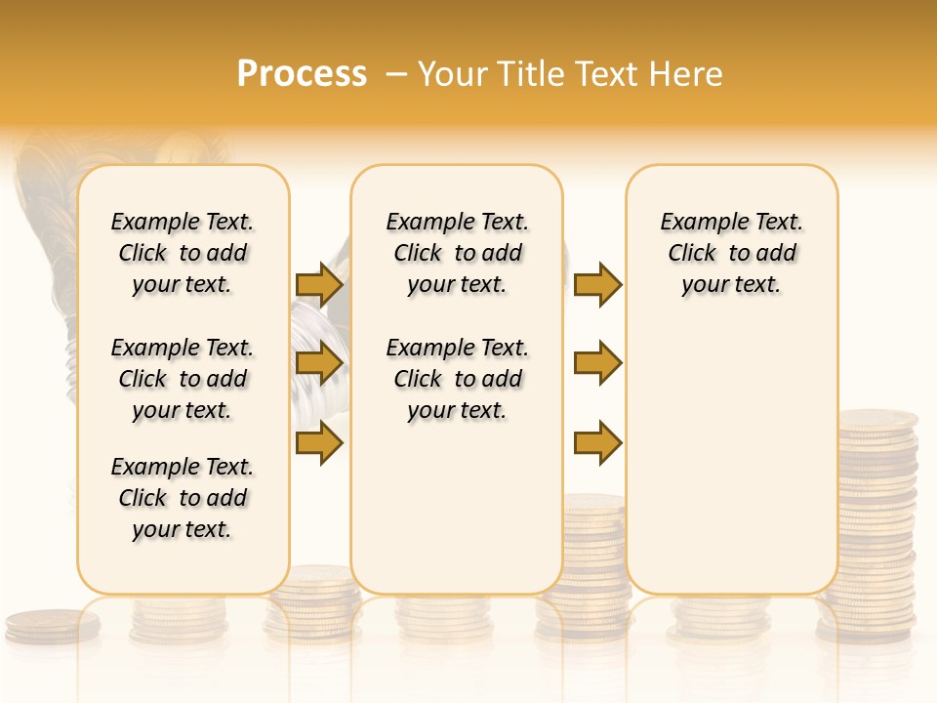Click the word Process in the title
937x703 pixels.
302,74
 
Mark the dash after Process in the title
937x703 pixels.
395,75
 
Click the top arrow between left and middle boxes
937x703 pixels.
319,285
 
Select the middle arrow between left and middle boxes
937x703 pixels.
319,364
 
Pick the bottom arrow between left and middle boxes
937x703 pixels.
319,443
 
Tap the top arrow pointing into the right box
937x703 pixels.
597,285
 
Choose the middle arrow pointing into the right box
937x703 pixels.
597,363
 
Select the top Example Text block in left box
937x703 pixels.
183,253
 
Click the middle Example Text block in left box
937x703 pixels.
183,379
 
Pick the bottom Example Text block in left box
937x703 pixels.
183,498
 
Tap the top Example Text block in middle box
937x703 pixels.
457,253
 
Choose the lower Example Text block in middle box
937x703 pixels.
457,379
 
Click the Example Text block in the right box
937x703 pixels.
732,253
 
